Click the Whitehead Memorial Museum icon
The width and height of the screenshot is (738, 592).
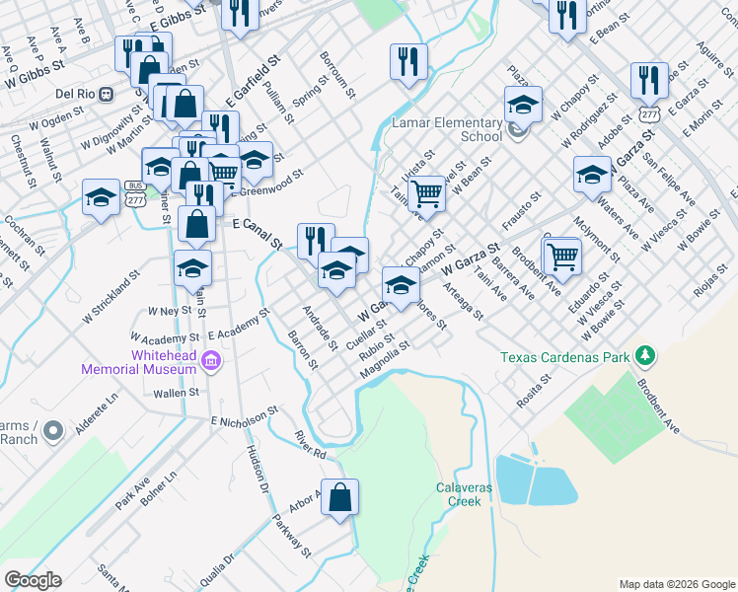209,362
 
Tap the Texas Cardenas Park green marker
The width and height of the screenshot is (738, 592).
645,353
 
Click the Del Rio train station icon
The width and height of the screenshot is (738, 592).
107,94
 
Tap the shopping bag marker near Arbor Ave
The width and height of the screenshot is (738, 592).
339,500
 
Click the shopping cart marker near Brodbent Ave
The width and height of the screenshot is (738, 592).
561,257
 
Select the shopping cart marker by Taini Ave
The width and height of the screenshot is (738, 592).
426,192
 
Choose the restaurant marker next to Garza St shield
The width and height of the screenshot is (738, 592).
648,79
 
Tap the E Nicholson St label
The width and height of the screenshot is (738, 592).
240,419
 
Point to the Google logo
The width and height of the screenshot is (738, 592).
33,580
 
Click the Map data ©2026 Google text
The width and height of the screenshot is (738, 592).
676,584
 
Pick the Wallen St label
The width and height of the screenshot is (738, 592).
177,393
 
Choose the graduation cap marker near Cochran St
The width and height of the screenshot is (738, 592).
102,195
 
